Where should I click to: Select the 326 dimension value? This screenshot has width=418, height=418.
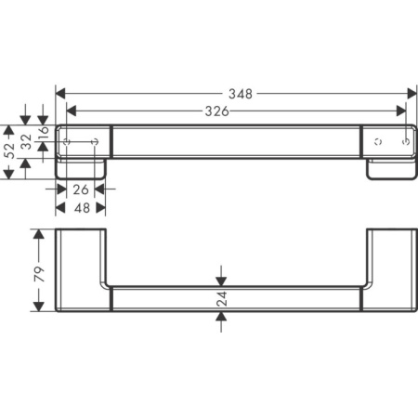coord(216,111)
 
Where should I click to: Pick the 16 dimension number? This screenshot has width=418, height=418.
coord(43,134)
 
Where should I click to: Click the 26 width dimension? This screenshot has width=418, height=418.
coord(80,189)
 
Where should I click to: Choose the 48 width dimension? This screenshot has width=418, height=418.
coord(80,208)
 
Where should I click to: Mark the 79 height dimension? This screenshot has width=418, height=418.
coord(39,273)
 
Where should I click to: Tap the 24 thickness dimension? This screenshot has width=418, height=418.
coord(221,298)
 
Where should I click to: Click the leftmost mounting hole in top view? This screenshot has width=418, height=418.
coord(68,142)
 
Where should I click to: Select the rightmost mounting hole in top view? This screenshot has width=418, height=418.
coord(404,142)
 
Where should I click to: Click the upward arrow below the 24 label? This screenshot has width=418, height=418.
coord(221,318)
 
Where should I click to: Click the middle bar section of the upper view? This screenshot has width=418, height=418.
coord(236,141)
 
